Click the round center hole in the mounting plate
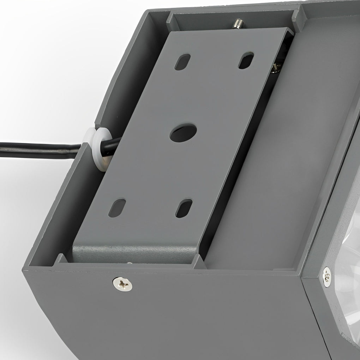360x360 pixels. [183, 133]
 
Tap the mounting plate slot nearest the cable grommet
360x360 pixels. [117, 208]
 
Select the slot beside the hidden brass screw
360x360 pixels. [246, 60]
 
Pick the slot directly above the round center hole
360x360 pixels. [182, 62]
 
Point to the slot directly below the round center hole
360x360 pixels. [184, 208]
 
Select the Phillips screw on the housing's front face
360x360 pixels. [122, 284]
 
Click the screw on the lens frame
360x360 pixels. [327, 276]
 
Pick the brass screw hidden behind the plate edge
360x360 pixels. [276, 67]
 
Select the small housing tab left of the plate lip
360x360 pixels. [61, 259]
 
